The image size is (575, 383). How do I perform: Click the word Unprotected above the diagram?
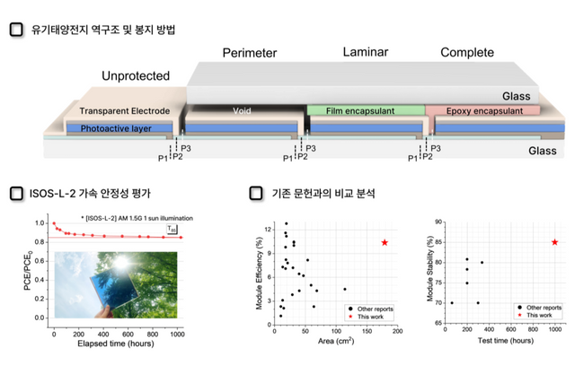tap(136, 75)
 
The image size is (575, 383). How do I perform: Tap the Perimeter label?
tap(250, 54)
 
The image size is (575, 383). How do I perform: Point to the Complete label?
tap(468, 54)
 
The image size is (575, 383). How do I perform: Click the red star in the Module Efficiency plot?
tap(385, 242)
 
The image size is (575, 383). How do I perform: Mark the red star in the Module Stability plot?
tap(554, 242)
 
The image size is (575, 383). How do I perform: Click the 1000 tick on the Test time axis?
tap(554, 330)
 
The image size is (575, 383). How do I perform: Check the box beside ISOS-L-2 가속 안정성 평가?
tap(15, 193)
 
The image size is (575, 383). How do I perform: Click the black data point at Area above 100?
tap(345, 289)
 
